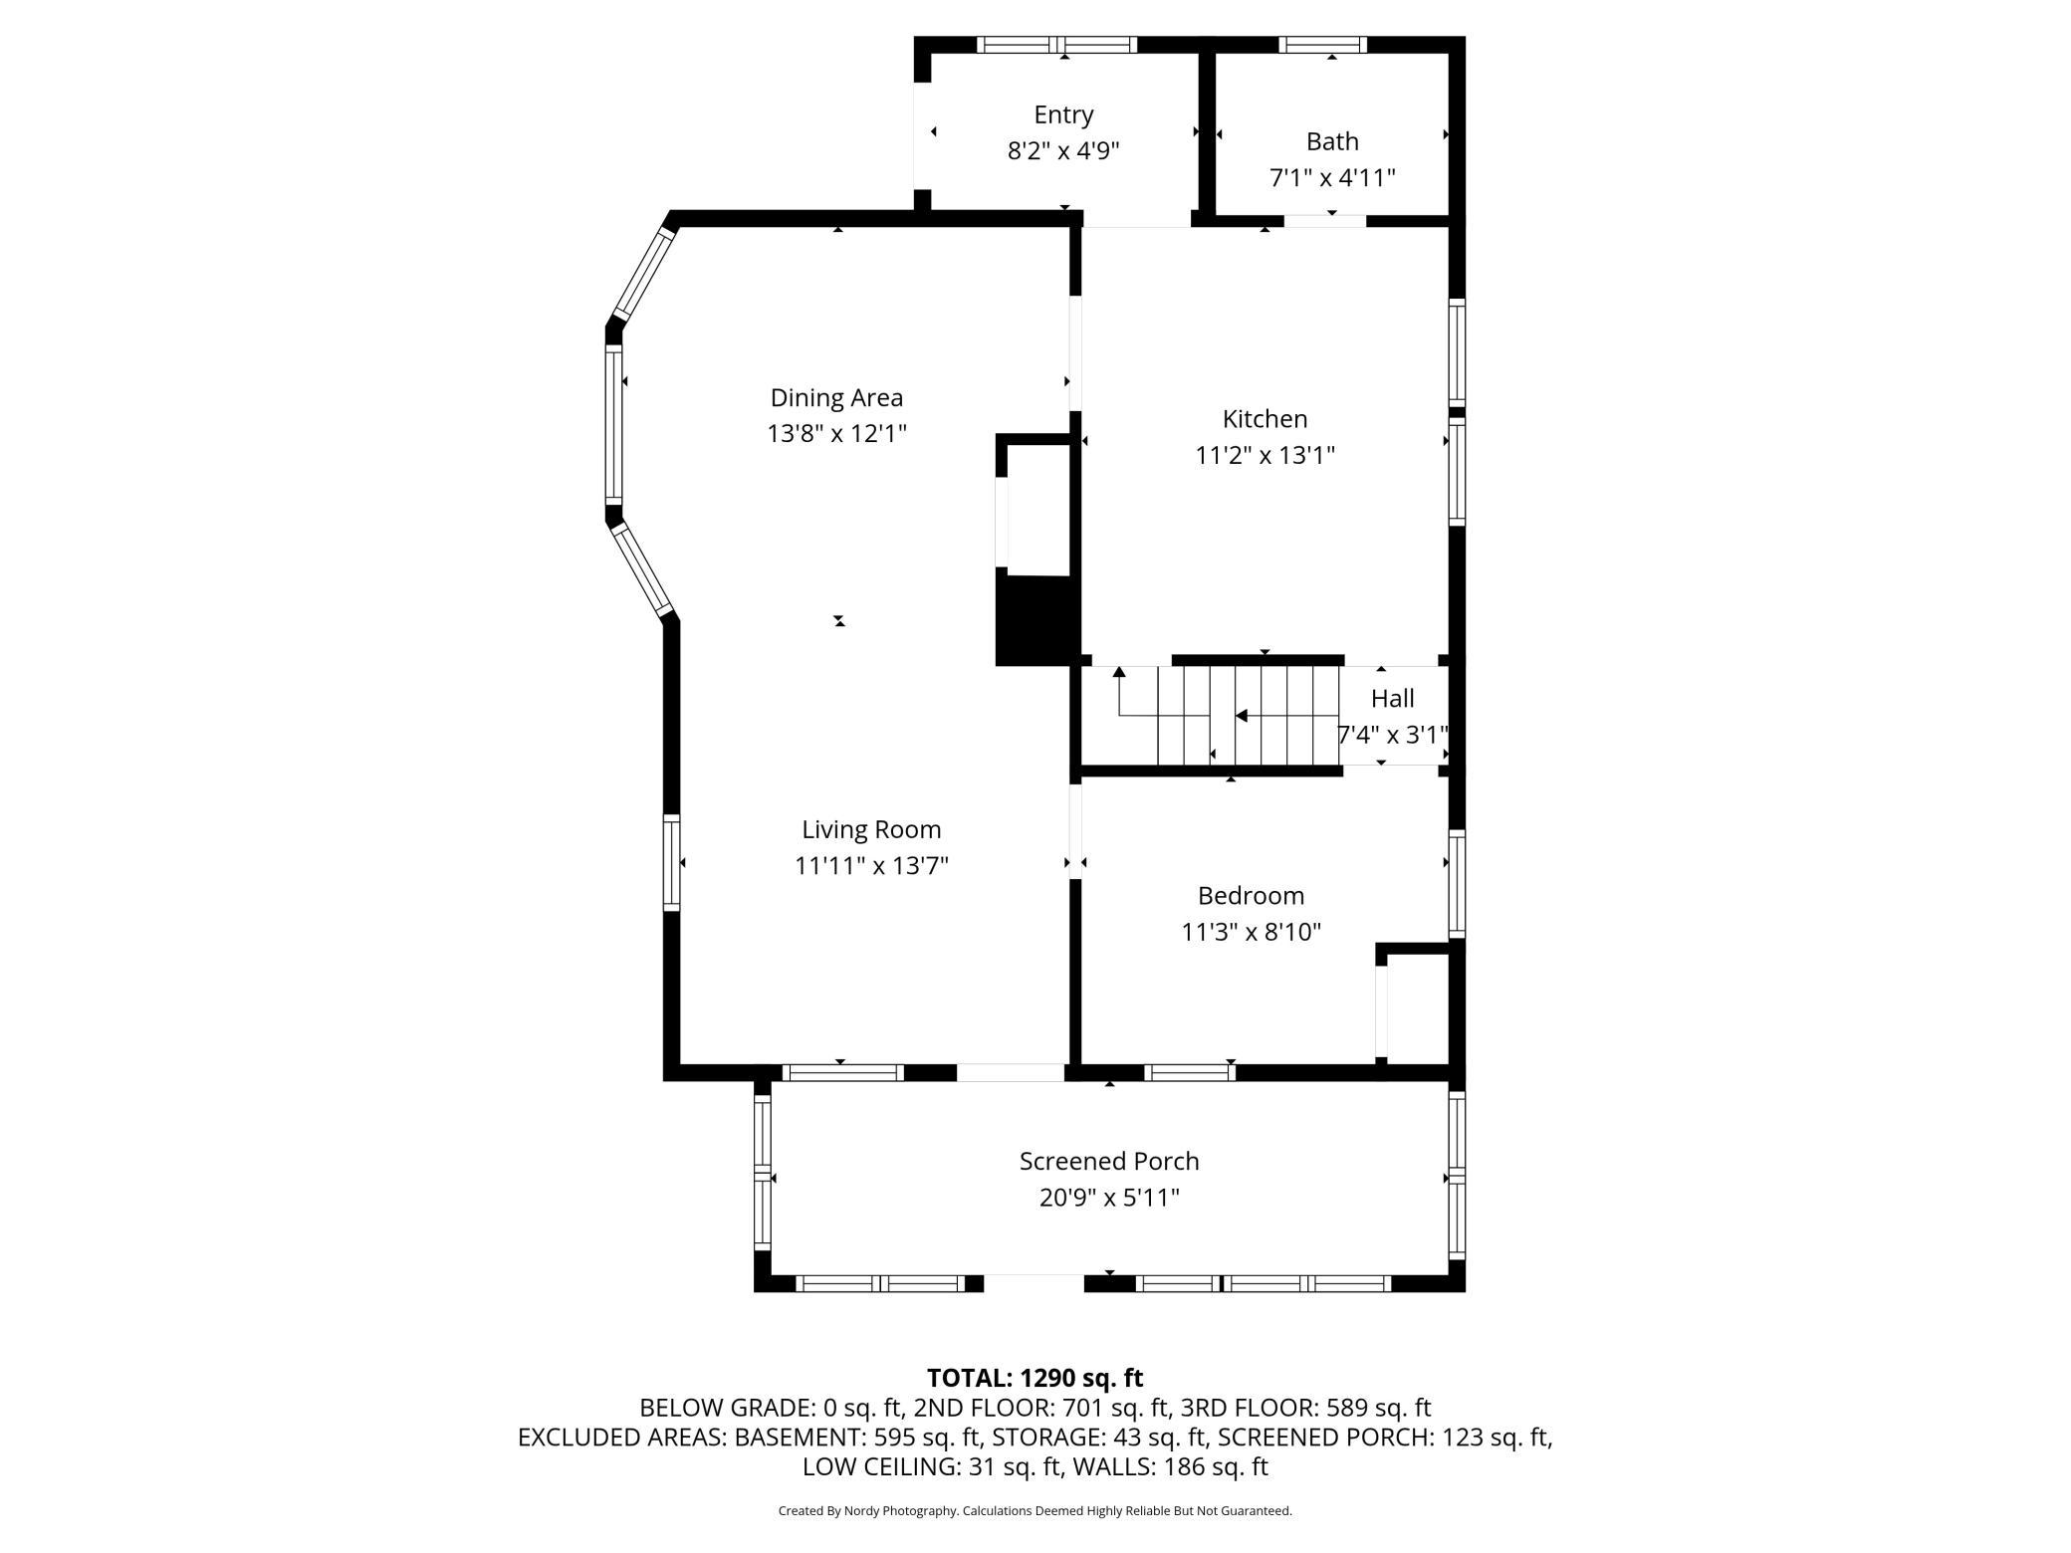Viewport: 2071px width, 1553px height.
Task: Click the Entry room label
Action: tap(1063, 114)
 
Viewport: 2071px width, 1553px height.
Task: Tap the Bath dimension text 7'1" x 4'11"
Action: tap(1332, 178)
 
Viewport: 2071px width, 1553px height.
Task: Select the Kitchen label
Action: tap(1265, 419)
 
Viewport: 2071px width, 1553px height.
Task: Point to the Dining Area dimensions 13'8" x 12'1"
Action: tap(836, 434)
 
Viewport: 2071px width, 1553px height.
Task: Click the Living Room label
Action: tap(871, 829)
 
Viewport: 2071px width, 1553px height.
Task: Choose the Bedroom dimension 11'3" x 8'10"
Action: tap(1251, 932)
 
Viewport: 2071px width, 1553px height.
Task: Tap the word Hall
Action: tap(1392, 699)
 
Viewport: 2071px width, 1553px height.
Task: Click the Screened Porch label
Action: tap(1109, 1161)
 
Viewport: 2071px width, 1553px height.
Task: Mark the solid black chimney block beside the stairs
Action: tap(1037, 620)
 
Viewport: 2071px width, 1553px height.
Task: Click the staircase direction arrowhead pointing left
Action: tap(1241, 716)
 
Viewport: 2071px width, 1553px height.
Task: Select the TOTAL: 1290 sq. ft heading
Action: tap(1035, 1378)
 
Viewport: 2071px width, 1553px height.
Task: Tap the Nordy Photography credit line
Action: tap(1035, 1510)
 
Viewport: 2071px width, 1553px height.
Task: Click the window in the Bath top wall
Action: tap(1322, 44)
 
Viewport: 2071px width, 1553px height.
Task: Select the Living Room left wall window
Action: tap(672, 862)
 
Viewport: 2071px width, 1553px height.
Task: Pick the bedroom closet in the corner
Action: tap(1418, 1004)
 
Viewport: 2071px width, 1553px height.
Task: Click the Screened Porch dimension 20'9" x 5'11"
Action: tap(1109, 1198)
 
